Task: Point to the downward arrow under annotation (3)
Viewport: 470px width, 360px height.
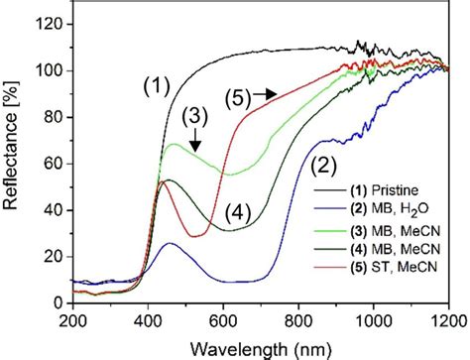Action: pyautogui.click(x=195, y=143)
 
